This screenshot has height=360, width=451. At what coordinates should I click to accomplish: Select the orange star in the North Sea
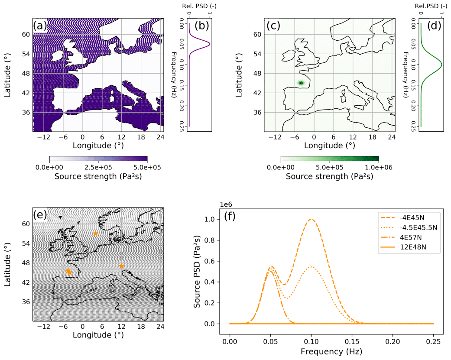click(x=96, y=234)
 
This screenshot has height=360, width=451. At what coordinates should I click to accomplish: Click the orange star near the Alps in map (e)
click(x=121, y=266)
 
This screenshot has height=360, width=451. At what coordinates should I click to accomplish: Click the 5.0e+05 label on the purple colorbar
click(x=147, y=167)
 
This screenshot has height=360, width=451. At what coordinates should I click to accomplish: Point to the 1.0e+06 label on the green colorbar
click(x=378, y=167)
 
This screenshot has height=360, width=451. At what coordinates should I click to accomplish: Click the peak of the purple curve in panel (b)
click(x=210, y=44)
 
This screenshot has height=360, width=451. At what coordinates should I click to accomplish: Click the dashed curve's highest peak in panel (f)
click(x=311, y=219)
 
